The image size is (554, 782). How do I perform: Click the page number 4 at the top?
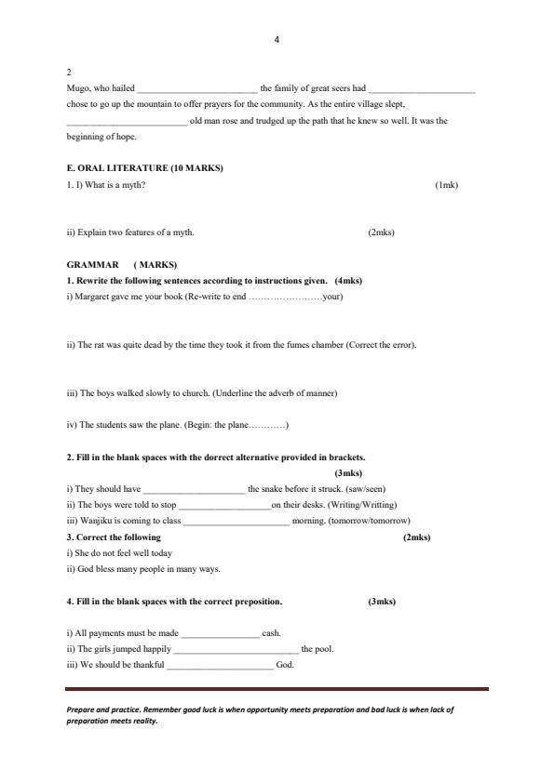[277, 39]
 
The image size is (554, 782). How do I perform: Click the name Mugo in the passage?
[77, 88]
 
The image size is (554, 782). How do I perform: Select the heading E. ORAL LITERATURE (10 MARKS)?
[144, 168]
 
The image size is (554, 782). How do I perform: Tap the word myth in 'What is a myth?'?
[132, 184]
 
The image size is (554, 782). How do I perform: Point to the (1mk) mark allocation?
[446, 184]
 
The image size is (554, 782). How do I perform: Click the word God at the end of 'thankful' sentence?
[285, 665]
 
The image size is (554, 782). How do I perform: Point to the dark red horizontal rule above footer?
[277, 689]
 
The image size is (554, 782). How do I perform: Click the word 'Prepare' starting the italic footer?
[81, 709]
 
